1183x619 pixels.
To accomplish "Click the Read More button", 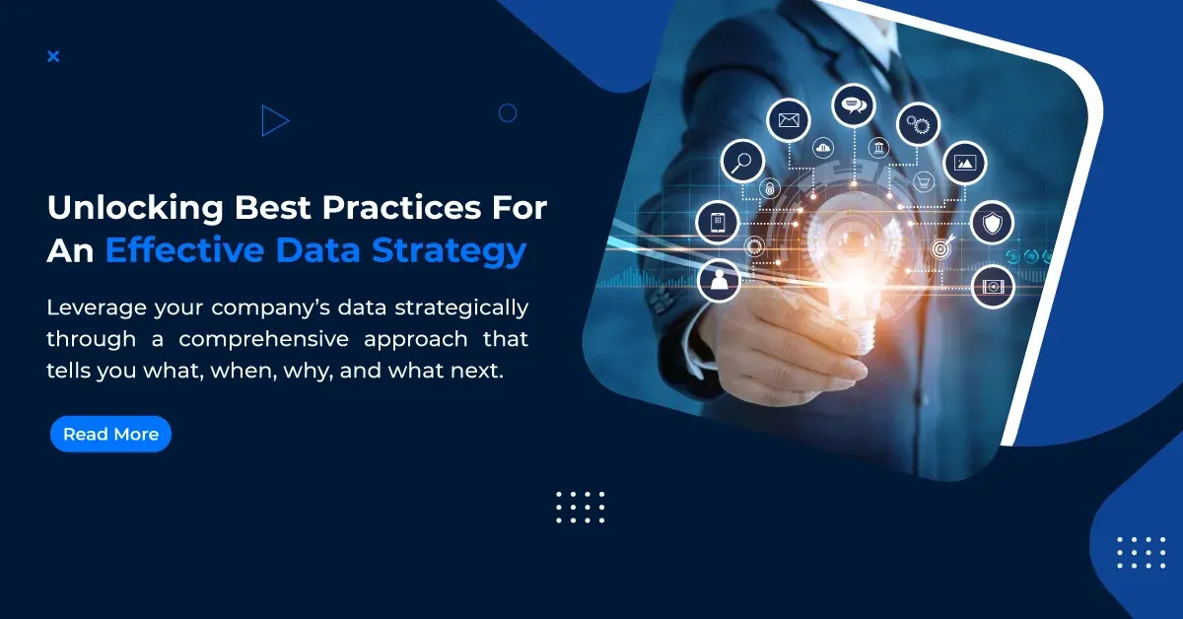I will click(x=110, y=434).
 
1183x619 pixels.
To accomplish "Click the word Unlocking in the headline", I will click(x=133, y=209).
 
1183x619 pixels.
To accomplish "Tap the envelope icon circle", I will click(x=788, y=121).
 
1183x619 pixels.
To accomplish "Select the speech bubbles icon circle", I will click(x=854, y=104).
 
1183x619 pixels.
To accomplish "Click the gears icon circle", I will click(x=918, y=124).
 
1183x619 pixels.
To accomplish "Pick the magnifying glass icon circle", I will click(x=742, y=160).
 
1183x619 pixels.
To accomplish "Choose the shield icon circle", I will click(x=992, y=222).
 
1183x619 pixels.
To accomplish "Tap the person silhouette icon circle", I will click(x=719, y=280).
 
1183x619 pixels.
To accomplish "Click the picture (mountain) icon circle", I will click(x=965, y=163).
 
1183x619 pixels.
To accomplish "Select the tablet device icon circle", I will click(x=717, y=221).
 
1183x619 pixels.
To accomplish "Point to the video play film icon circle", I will click(x=993, y=287).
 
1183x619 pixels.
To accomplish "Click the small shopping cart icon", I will click(x=924, y=181).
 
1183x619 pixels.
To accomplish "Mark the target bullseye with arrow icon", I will click(x=940, y=249).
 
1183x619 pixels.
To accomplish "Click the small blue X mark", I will click(x=53, y=56).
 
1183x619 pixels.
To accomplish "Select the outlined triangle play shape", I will click(x=274, y=120).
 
